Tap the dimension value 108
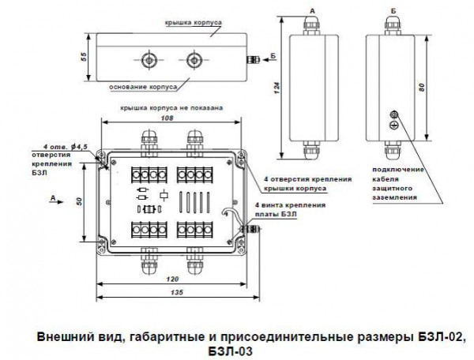click(x=167, y=117)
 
